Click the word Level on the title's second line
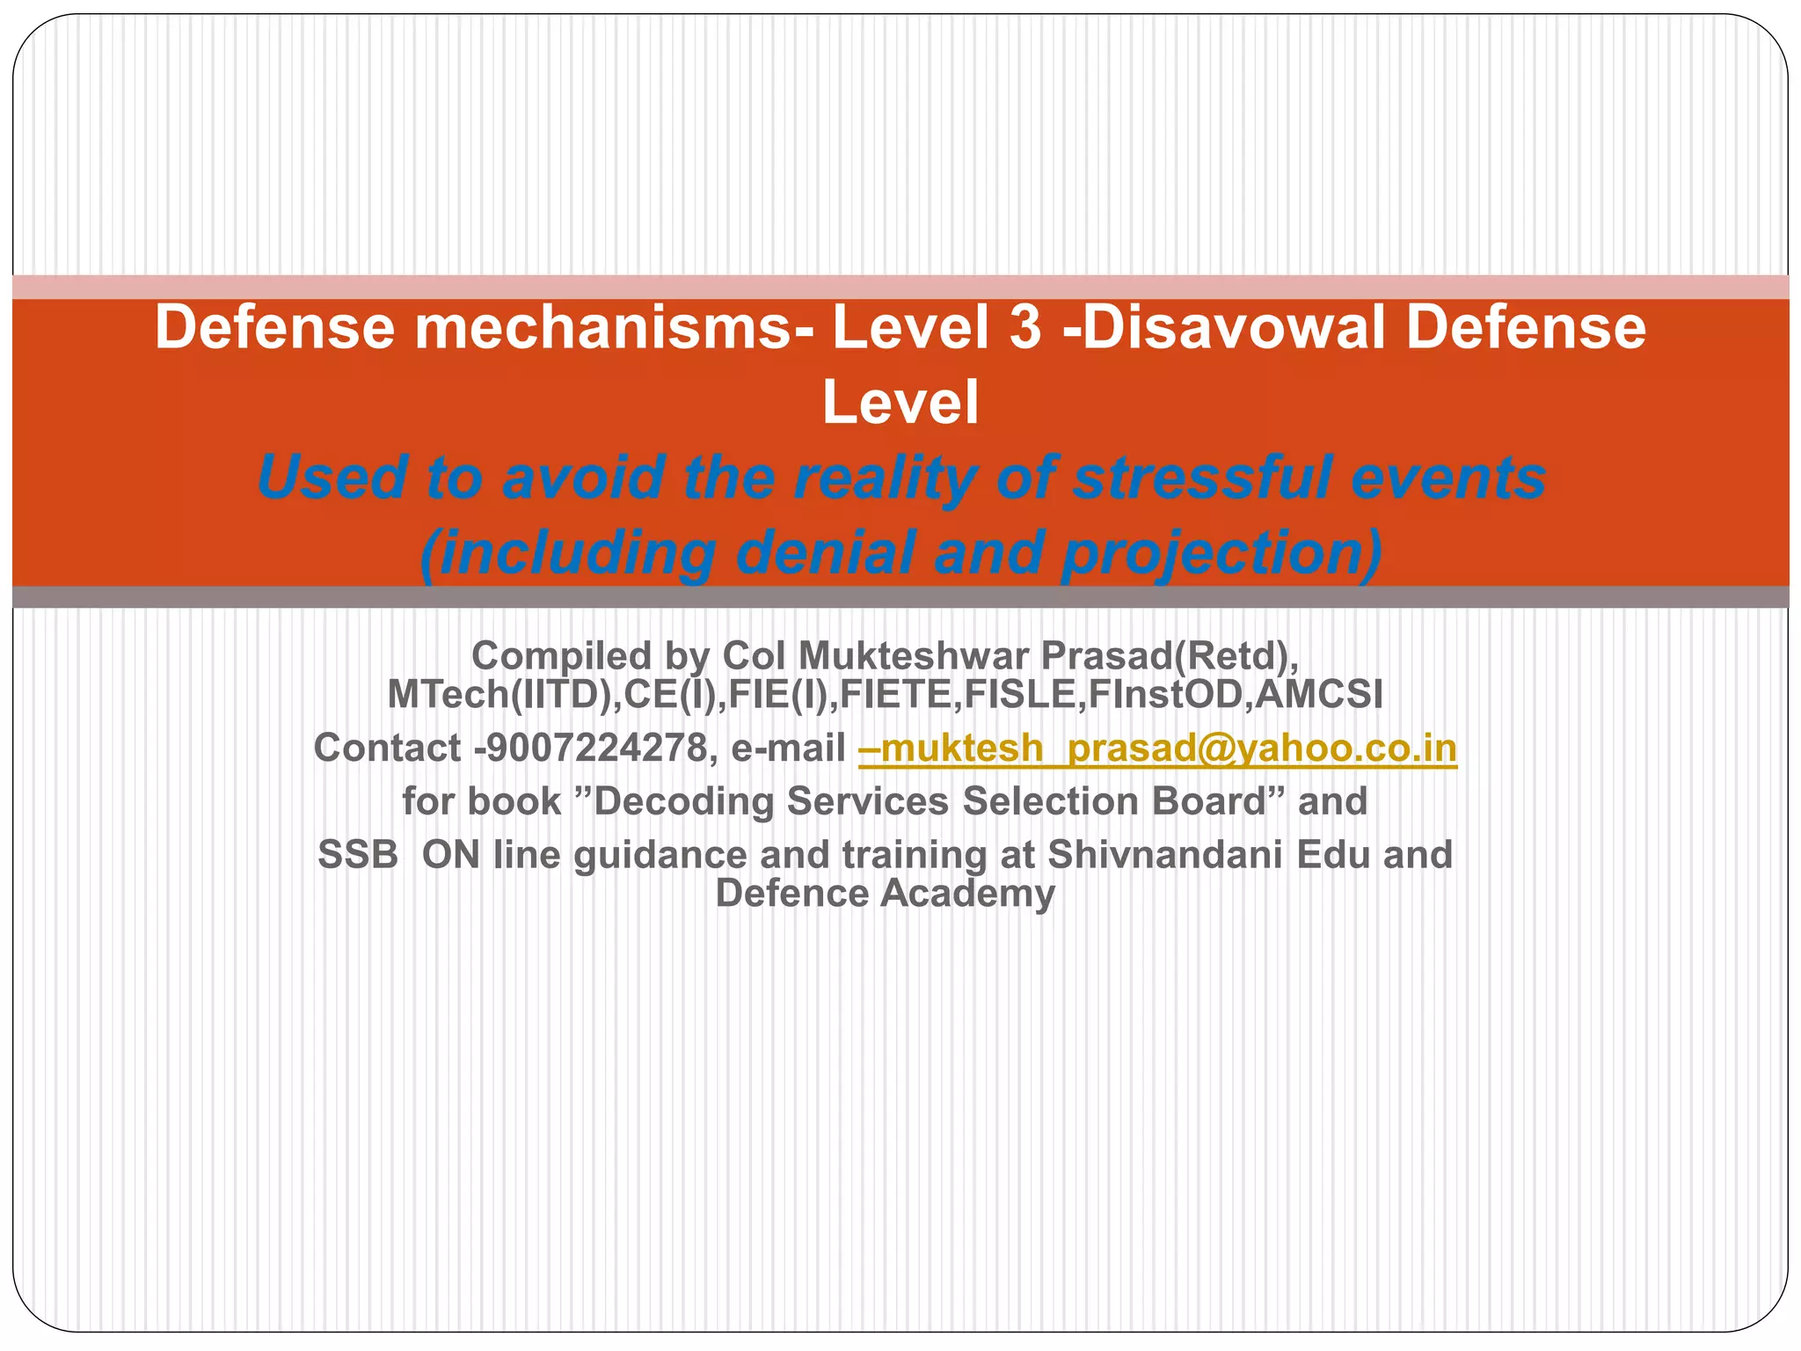(x=900, y=403)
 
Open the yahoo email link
(x=1157, y=749)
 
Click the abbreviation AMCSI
(x=1318, y=695)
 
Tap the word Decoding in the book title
(x=684, y=801)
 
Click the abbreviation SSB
(x=358, y=855)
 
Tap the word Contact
(x=387, y=749)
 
